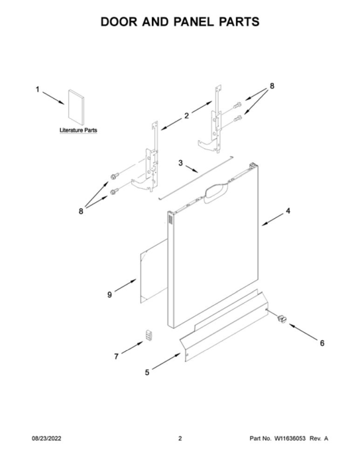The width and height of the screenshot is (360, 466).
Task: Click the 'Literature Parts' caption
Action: coord(79,130)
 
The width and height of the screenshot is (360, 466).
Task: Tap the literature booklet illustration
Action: coord(76,107)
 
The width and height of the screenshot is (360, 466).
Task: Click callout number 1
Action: coord(38,89)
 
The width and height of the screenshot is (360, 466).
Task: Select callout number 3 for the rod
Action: coord(181,163)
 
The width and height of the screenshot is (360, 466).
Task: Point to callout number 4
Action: coord(288,211)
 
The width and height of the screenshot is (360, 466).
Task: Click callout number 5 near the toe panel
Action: coord(147,372)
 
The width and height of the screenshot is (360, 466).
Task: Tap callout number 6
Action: coord(322,343)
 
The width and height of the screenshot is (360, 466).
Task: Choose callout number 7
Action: coord(117,356)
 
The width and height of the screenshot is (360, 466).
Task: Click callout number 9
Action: coord(110,294)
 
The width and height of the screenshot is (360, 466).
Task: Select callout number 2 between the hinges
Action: coord(187,115)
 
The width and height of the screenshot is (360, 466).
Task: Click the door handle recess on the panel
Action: coord(215,192)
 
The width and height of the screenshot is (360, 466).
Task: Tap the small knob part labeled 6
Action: coord(281,319)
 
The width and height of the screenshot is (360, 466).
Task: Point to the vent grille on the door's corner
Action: coord(170,219)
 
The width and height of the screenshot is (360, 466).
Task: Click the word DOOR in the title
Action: coord(119,22)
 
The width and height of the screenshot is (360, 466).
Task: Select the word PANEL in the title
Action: coord(195,22)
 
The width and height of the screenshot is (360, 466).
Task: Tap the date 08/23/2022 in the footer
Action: coord(46,439)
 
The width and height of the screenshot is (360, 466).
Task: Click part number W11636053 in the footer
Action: coord(289,439)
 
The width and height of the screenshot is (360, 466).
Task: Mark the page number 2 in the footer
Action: coord(180,439)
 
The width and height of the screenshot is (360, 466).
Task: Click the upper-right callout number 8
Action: coord(272,86)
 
